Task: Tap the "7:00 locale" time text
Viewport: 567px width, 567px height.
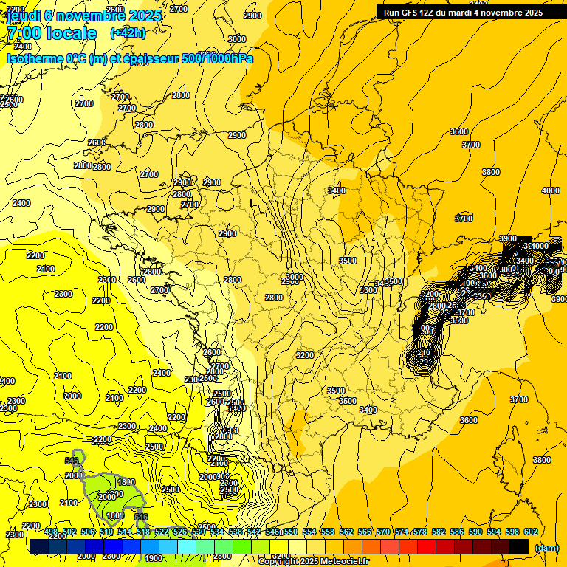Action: (52, 33)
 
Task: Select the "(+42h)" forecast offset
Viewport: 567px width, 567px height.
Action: (128, 33)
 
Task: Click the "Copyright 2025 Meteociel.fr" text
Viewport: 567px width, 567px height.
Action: (313, 562)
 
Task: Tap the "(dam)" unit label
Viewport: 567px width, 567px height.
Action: (546, 548)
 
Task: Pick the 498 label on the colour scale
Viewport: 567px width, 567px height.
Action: (51, 532)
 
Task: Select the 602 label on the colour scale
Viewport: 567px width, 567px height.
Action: (530, 532)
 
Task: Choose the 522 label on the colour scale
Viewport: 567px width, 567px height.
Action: (162, 532)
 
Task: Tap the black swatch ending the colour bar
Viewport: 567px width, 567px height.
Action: (519, 547)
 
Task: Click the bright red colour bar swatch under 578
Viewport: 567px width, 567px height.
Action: (427, 547)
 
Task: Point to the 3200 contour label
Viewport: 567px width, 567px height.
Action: (304, 355)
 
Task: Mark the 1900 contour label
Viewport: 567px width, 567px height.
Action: (154, 558)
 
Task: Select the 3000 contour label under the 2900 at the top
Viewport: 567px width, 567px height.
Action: (237, 39)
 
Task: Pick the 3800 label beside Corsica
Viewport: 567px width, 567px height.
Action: (541, 460)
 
